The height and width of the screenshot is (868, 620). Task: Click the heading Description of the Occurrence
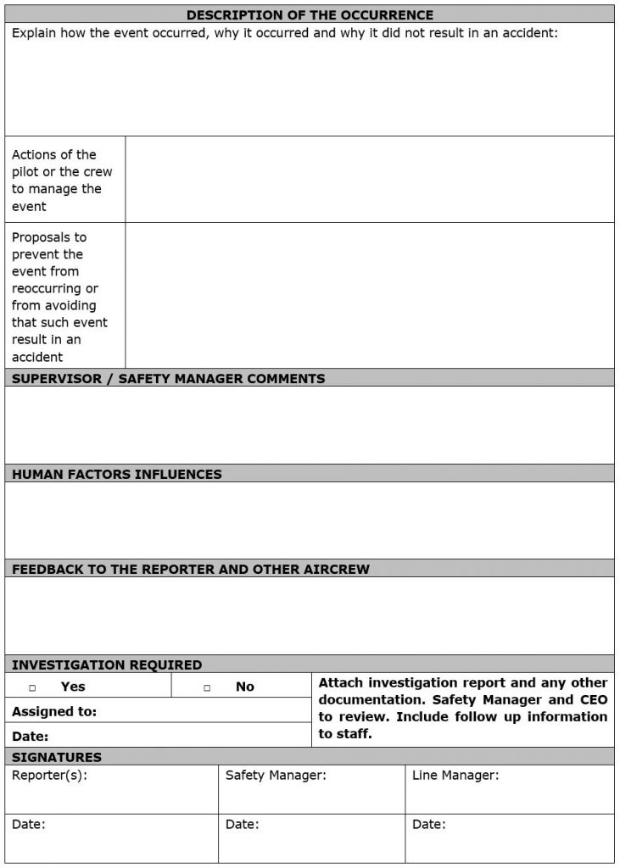(x=310, y=15)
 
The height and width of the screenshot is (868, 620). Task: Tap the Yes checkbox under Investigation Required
(x=32, y=687)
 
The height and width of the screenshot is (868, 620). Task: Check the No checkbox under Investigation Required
(x=207, y=687)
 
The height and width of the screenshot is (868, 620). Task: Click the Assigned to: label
(x=54, y=711)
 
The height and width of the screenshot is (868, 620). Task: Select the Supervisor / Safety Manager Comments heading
(x=168, y=379)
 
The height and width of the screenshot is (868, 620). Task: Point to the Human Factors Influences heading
(x=117, y=475)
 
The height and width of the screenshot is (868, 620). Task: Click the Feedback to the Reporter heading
(x=191, y=570)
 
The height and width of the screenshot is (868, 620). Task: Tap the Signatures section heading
(x=57, y=757)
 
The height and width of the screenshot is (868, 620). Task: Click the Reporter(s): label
(x=49, y=775)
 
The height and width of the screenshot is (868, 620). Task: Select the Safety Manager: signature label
(x=276, y=775)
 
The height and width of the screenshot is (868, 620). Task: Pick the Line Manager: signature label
(x=455, y=775)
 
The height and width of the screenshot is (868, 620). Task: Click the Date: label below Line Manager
(x=428, y=824)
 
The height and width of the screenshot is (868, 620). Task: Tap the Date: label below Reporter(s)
(x=29, y=824)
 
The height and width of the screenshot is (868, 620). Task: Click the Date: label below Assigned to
(x=31, y=737)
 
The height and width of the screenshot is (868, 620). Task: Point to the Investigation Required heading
(x=107, y=665)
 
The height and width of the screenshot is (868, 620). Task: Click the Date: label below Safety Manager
(x=243, y=824)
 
